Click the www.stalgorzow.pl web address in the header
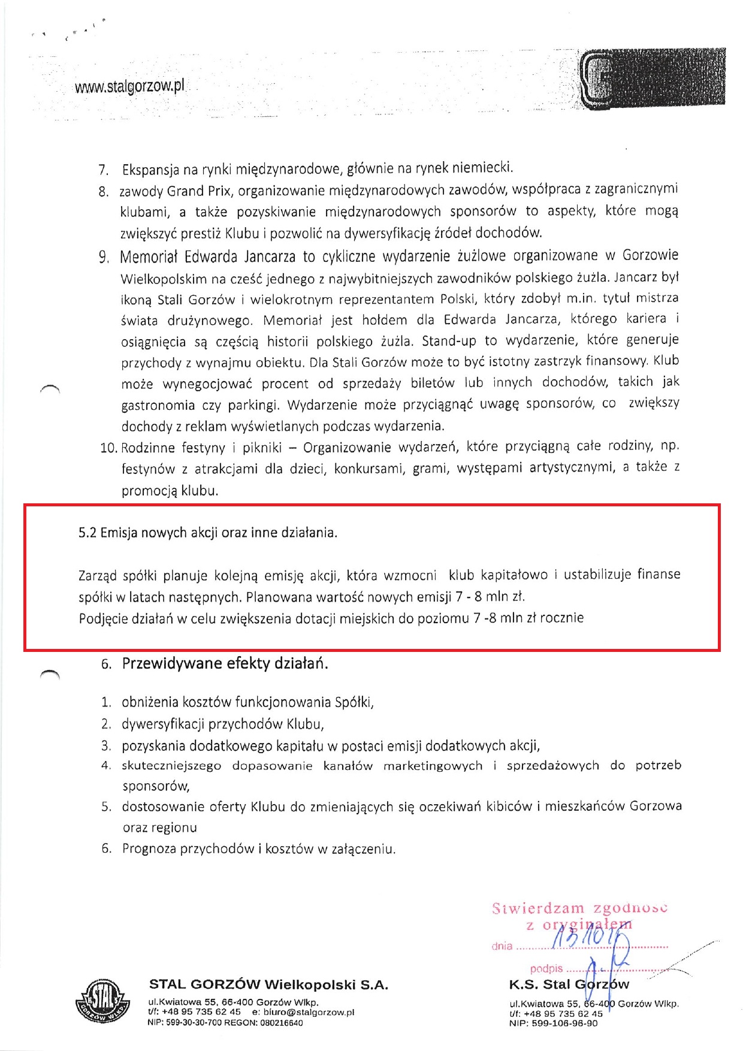(x=129, y=87)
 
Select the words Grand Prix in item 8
(x=200, y=191)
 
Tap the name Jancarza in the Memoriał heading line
(x=270, y=257)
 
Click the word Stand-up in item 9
(x=449, y=341)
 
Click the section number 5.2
(x=87, y=533)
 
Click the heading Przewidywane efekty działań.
(x=225, y=664)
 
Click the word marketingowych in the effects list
(x=433, y=766)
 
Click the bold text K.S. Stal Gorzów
(x=569, y=984)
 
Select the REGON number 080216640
(x=282, y=1023)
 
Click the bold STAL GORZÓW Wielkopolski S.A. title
(x=268, y=984)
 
